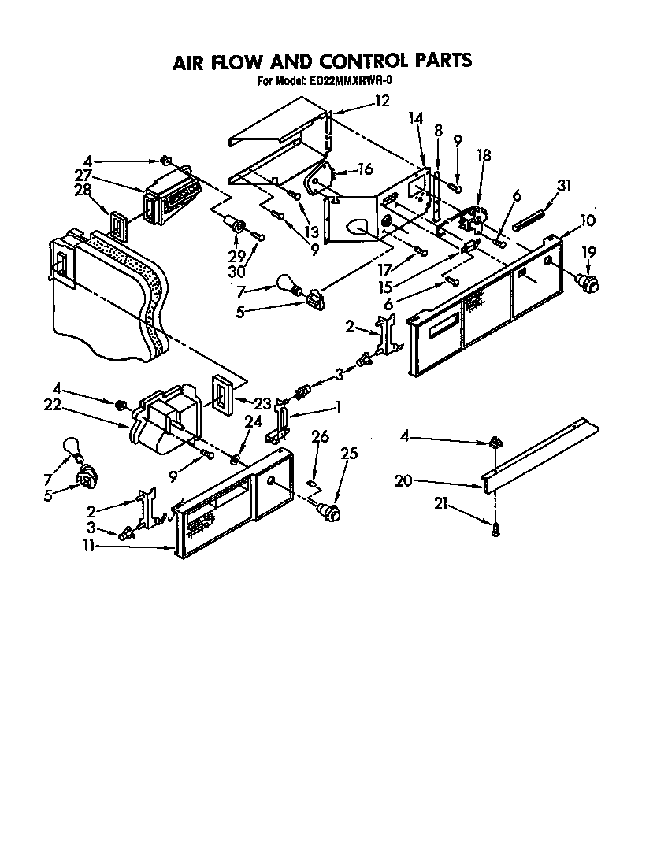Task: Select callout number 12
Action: (382, 101)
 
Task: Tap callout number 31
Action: (563, 185)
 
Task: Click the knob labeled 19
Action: (586, 280)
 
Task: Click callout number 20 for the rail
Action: (403, 480)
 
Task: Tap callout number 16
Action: (365, 169)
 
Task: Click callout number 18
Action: (484, 155)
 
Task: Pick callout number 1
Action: (338, 406)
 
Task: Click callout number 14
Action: (416, 118)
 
